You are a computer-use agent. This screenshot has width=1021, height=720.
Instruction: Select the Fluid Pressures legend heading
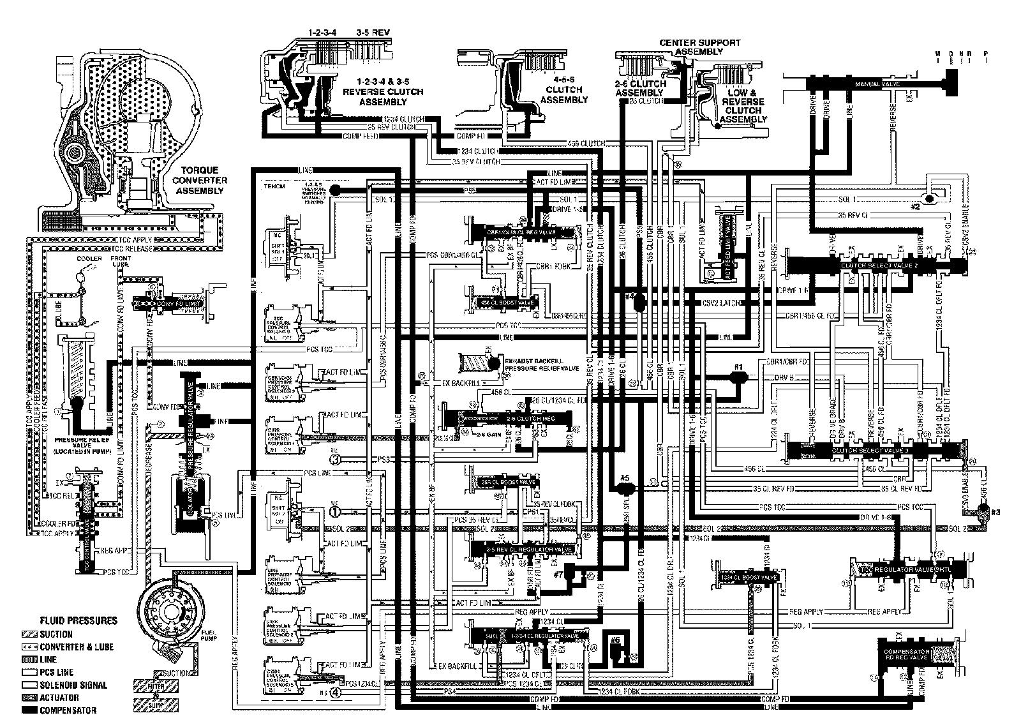click(x=78, y=620)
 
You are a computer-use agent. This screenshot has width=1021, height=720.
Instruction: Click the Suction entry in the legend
click(x=56, y=634)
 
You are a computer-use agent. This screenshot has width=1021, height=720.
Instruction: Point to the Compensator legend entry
click(x=68, y=710)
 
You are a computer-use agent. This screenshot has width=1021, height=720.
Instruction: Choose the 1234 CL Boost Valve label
click(x=748, y=578)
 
